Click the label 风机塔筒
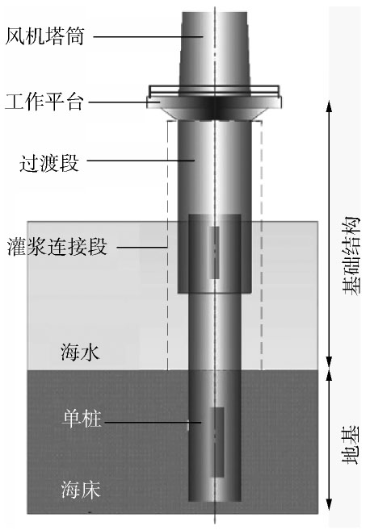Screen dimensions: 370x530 click(x=44, y=36)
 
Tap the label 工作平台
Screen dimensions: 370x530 click(x=44, y=102)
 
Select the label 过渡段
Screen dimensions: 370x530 click(x=49, y=163)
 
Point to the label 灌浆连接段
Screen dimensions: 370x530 click(x=57, y=246)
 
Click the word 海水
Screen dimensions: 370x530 click(x=80, y=353)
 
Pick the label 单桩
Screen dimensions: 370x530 click(x=82, y=419)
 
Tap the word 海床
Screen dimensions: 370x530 click(x=81, y=490)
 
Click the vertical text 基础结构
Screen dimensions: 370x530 click(x=351, y=256)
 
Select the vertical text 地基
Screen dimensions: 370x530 click(x=351, y=444)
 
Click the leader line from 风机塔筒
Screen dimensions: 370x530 click(x=149, y=36)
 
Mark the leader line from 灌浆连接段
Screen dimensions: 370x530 click(x=142, y=247)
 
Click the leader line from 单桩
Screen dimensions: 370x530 click(x=153, y=422)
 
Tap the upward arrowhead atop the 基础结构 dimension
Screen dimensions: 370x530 click(x=329, y=106)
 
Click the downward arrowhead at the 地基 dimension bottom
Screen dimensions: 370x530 click(x=329, y=503)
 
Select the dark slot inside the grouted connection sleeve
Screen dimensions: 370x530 click(x=214, y=252)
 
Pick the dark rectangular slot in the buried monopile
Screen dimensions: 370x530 click(x=217, y=442)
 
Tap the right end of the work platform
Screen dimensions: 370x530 click(x=280, y=102)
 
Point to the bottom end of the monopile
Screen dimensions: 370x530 click(x=215, y=501)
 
